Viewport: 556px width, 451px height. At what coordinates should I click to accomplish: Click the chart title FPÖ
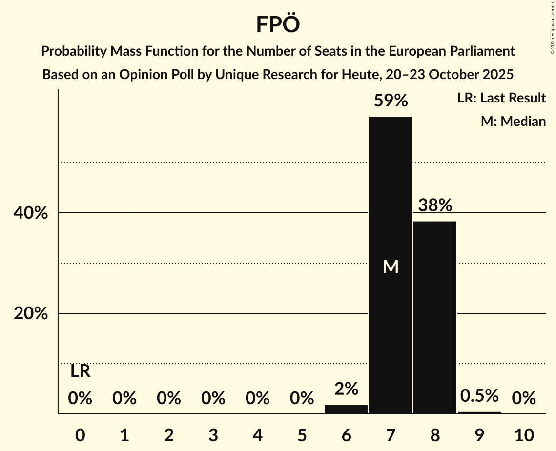[x=277, y=24]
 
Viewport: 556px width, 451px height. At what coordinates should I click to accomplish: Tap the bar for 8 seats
[x=435, y=317]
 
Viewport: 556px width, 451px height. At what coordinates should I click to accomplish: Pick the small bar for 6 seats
[x=346, y=409]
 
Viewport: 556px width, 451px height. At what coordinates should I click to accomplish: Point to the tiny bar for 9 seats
[x=479, y=413]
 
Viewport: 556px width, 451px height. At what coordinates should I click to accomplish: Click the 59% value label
[x=391, y=101]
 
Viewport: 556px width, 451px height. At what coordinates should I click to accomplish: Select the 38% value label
[x=435, y=205]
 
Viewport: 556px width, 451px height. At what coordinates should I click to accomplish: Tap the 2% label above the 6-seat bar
[x=346, y=389]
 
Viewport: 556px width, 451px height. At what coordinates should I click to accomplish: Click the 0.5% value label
[x=479, y=396]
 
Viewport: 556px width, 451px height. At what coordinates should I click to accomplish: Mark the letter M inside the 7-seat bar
[x=391, y=266]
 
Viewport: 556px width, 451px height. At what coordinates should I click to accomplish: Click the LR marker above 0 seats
[x=80, y=371]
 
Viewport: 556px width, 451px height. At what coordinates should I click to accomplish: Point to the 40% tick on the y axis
[x=31, y=213]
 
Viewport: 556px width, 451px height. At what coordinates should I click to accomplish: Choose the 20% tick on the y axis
[x=31, y=314]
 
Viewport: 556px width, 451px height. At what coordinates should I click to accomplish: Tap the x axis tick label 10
[x=524, y=434]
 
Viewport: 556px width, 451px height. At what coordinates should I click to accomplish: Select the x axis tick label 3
[x=213, y=434]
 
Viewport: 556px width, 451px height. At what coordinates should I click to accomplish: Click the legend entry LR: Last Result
[x=501, y=98]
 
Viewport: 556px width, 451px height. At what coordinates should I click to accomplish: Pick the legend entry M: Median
[x=513, y=121]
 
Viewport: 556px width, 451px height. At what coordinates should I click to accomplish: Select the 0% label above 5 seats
[x=302, y=399]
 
